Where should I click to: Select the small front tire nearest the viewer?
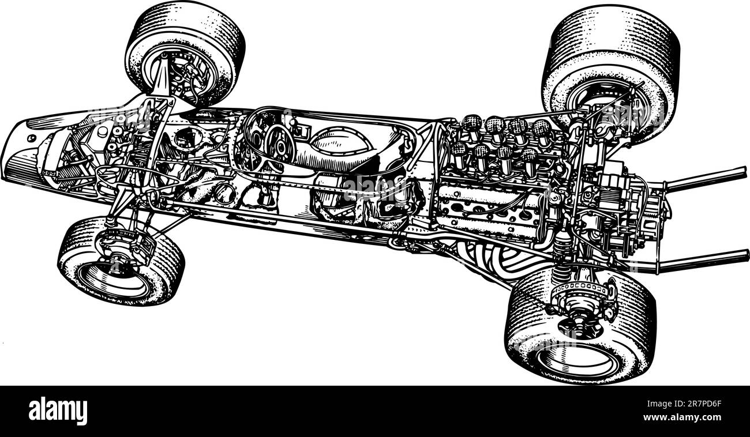tap(121, 262)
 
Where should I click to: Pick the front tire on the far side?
tap(185, 52)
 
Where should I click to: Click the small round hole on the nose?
tap(31, 138)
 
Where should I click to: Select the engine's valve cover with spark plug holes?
tap(490, 205)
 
